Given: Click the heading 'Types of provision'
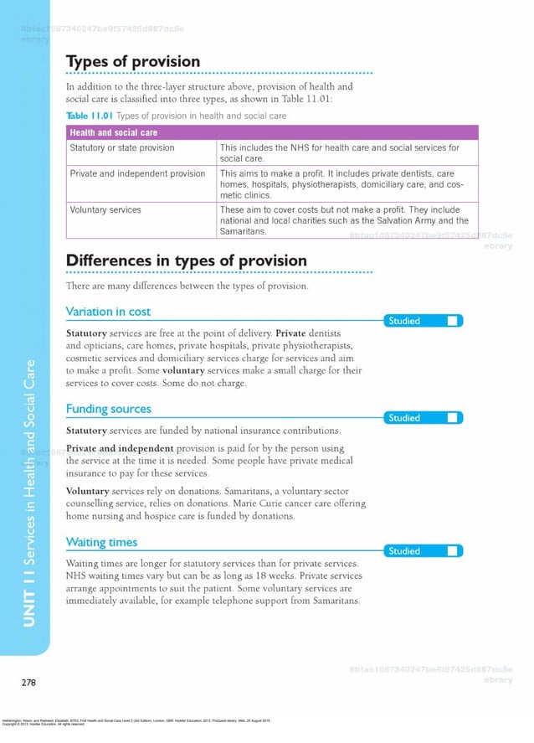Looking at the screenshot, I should click(133, 62).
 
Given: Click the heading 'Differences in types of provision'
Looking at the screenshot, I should click(186, 261).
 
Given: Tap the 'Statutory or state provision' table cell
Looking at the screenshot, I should click(122, 148).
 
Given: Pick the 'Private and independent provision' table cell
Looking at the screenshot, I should click(137, 173).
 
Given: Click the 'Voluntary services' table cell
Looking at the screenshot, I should click(105, 210).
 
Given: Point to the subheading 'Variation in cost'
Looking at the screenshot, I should click(108, 312).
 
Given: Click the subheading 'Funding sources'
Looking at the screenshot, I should click(108, 409).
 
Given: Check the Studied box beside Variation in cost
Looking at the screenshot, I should click(452, 321).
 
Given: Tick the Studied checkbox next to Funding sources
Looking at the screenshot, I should click(452, 417).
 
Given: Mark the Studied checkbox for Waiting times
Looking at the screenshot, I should click(452, 550).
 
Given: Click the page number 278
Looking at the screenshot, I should click(28, 683).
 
